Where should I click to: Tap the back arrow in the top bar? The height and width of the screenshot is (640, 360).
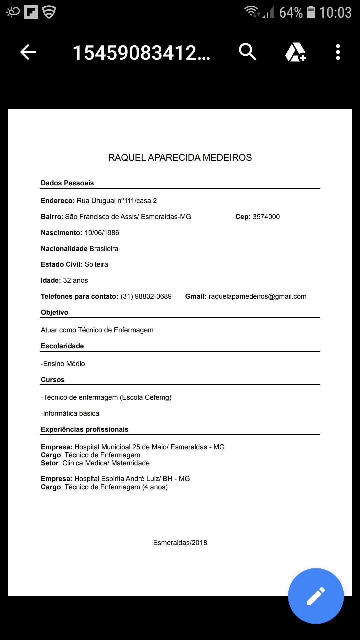pos(28,52)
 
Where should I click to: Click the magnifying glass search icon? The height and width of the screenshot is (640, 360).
pos(247,52)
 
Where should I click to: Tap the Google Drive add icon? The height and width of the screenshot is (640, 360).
pos(295,52)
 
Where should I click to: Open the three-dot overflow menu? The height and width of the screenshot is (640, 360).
pos(338,52)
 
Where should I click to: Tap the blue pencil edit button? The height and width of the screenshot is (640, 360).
pos(316,596)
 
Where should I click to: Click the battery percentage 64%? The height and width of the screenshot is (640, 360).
pos(291,13)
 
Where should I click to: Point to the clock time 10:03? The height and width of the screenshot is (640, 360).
pos(335,13)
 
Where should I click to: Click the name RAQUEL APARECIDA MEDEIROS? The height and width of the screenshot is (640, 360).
pos(180,157)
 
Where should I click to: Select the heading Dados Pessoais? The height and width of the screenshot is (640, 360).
pos(67,183)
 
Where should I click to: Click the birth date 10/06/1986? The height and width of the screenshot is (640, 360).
pos(102,233)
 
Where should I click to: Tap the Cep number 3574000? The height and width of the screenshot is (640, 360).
pos(266,217)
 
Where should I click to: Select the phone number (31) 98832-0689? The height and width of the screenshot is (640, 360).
pos(146,296)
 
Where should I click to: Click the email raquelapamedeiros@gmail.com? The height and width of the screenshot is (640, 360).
pos(257,296)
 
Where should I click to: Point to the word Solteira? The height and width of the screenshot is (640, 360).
pos(96,264)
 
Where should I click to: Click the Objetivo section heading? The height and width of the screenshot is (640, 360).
pos(55,312)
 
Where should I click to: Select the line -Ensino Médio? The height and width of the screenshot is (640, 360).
pos(63,364)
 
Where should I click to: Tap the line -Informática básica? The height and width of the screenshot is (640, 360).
pos(70,413)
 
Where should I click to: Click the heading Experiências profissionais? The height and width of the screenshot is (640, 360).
pos(85,429)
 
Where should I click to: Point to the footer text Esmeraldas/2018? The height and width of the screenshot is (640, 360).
pos(180,543)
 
